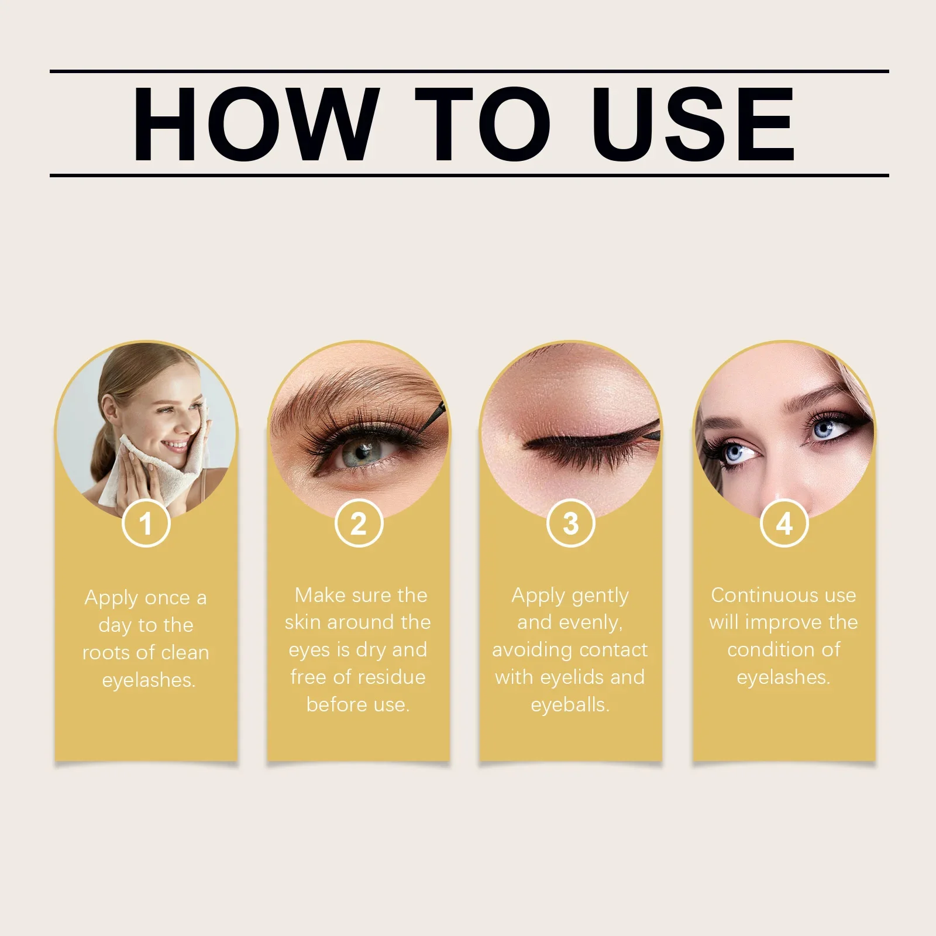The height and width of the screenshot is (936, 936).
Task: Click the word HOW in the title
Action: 253,124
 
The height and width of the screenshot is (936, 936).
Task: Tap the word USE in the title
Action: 695,124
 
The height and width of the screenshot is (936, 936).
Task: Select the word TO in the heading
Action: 483,124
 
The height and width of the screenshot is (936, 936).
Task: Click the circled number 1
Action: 146,523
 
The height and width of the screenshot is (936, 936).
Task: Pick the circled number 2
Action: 359,523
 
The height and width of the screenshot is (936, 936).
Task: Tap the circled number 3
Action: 571,523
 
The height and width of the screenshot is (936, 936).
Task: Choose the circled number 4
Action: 784,523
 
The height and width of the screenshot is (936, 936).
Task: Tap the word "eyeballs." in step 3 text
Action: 570,705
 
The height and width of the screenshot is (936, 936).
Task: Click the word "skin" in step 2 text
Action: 303,622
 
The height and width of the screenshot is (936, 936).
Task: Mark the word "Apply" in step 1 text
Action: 111,598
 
